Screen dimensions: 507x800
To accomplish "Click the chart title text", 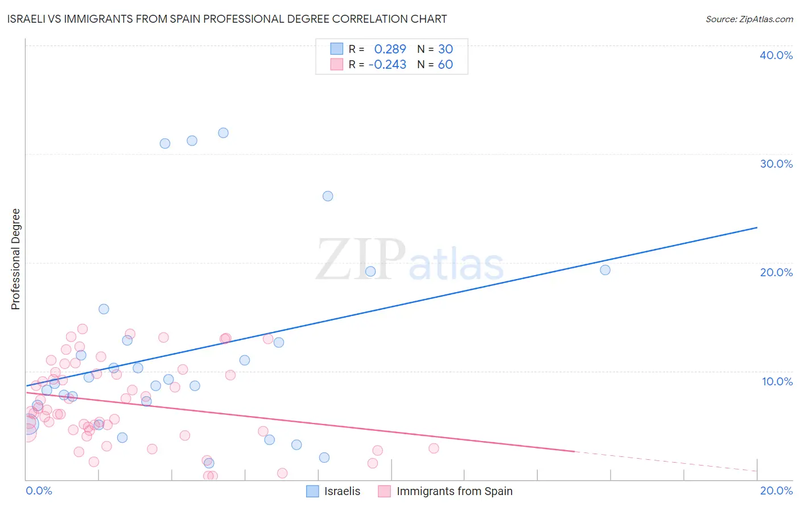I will click(x=227, y=19).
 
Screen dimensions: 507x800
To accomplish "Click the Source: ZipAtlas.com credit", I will click(x=749, y=19).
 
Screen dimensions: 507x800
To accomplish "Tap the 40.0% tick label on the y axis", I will click(x=776, y=55).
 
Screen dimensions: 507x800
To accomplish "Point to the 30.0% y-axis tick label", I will click(x=776, y=164).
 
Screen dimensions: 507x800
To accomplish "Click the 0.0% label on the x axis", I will click(x=39, y=491).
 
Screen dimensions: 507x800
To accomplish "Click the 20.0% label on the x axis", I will click(x=776, y=491).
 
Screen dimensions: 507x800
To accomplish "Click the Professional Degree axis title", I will click(x=15, y=259).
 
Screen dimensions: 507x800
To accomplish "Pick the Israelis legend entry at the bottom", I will click(x=342, y=491).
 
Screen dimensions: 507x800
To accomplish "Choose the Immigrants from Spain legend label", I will click(x=454, y=491).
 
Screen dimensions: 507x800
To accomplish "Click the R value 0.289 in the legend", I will click(x=390, y=49).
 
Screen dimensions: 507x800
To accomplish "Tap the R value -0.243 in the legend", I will click(x=387, y=65).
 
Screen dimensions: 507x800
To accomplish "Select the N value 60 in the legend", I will click(x=445, y=65).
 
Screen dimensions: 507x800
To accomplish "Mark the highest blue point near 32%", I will click(x=223, y=133).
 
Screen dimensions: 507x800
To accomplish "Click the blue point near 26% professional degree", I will click(x=328, y=196).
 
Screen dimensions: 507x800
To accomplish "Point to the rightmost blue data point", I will click(x=605, y=270).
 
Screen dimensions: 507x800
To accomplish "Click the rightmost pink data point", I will click(x=434, y=448).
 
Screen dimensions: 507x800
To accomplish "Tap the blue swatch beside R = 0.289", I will click(x=337, y=49).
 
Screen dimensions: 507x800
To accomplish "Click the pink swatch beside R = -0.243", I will click(x=337, y=64).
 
